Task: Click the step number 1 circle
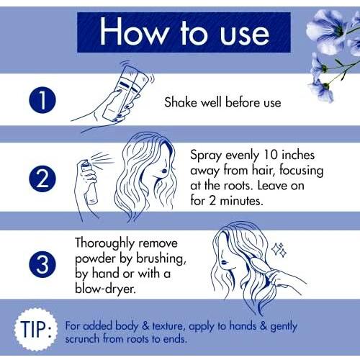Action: tap(42, 100)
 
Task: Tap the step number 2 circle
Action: tap(42, 179)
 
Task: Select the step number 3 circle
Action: tap(42, 264)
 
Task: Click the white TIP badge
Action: tap(36, 329)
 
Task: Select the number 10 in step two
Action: tap(271, 155)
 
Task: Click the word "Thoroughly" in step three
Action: tap(104, 243)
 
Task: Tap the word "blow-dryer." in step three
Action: tap(106, 289)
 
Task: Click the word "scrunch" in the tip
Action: tap(82, 339)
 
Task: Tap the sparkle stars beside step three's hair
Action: tap(279, 250)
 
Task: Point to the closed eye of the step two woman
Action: tap(163, 171)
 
